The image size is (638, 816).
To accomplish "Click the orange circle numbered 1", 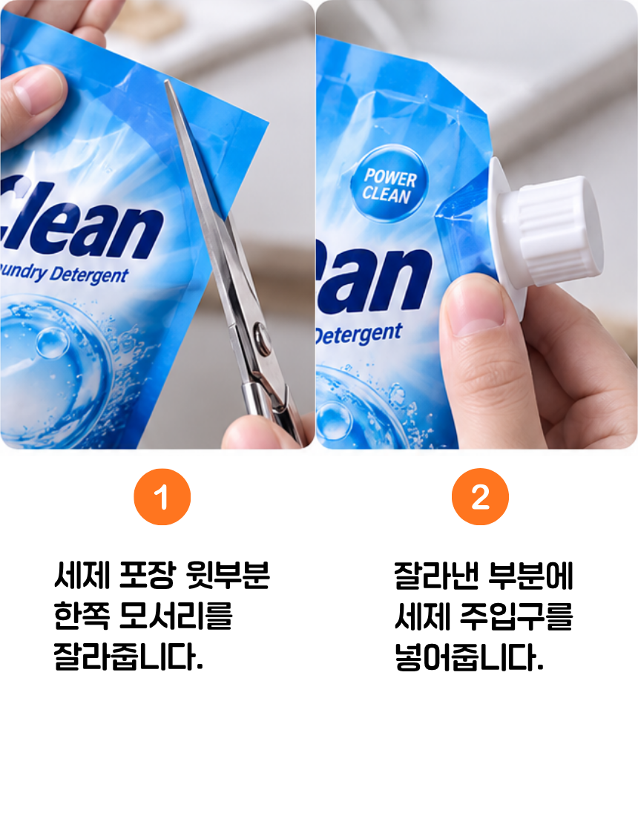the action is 162,496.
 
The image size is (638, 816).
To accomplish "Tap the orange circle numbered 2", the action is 480,496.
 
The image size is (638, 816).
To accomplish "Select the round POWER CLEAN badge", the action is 389,184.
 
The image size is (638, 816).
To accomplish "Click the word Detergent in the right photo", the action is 359,334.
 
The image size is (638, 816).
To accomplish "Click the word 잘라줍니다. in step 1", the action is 128,657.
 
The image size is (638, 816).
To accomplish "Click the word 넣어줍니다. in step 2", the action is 469,657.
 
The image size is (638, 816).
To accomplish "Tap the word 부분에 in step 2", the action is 530,575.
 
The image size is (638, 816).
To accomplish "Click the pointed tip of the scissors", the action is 166,81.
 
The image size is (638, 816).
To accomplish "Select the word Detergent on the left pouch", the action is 89,274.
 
